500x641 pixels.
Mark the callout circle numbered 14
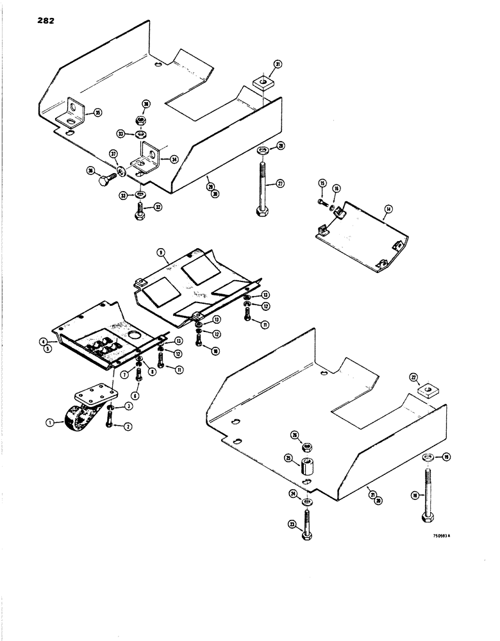pos(388,209)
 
